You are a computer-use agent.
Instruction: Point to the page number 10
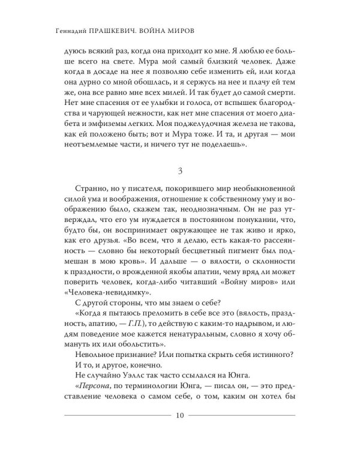coord(180,415)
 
